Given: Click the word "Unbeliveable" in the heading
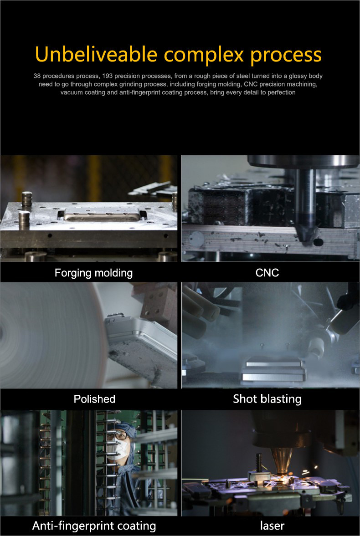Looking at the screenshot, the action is click(x=96, y=54).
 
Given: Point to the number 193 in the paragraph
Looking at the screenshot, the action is click(x=108, y=76).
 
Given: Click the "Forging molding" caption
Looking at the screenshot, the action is click(x=93, y=273).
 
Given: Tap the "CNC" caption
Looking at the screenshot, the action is click(x=267, y=273).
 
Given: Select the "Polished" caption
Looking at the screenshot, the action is click(x=94, y=399).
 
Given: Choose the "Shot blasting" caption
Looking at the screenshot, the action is click(x=267, y=399).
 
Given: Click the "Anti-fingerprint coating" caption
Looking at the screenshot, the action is click(x=94, y=526).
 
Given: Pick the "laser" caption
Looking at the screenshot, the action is click(x=272, y=526).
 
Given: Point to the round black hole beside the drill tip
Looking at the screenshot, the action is click(x=318, y=242).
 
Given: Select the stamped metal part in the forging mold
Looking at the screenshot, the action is click(x=102, y=214).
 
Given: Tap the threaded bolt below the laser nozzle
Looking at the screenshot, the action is click(x=259, y=462).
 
